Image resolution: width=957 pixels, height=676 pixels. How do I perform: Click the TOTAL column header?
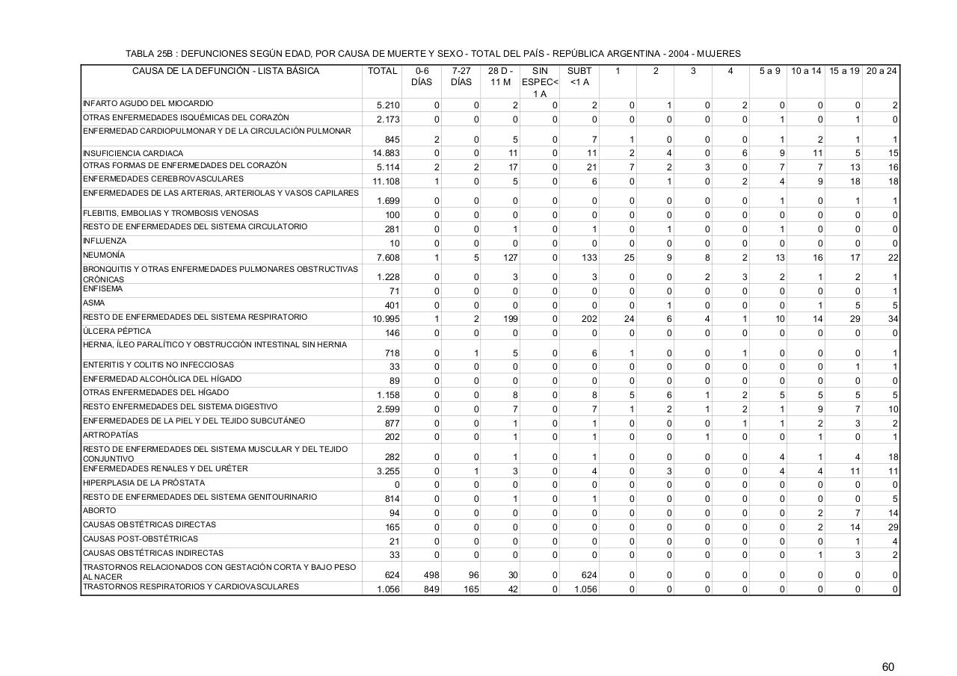(382, 71)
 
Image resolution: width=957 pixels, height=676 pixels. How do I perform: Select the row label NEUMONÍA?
(104, 255)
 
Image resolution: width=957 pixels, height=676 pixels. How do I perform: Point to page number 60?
(887, 646)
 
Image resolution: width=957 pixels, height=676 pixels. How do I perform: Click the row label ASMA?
(93, 303)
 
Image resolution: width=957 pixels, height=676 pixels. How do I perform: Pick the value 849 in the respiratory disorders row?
(431, 589)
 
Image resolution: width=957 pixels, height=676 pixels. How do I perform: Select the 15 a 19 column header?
(844, 71)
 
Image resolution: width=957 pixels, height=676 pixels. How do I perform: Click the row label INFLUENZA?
(105, 241)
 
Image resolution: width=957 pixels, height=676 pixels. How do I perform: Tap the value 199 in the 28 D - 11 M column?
(510, 318)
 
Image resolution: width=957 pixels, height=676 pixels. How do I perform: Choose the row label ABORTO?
(99, 511)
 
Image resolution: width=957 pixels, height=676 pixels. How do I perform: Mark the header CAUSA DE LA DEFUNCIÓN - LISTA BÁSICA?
(225, 71)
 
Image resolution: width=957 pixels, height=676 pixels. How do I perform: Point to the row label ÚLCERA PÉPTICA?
(117, 332)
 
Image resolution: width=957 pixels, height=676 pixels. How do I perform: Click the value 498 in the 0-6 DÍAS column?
(431, 575)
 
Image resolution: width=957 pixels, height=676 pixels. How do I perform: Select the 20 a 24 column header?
(881, 71)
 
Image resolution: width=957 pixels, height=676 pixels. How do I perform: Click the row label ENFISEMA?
(102, 289)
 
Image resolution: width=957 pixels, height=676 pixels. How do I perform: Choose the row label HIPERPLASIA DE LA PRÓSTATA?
(143, 483)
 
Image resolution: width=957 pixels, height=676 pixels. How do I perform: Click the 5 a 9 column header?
(769, 71)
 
